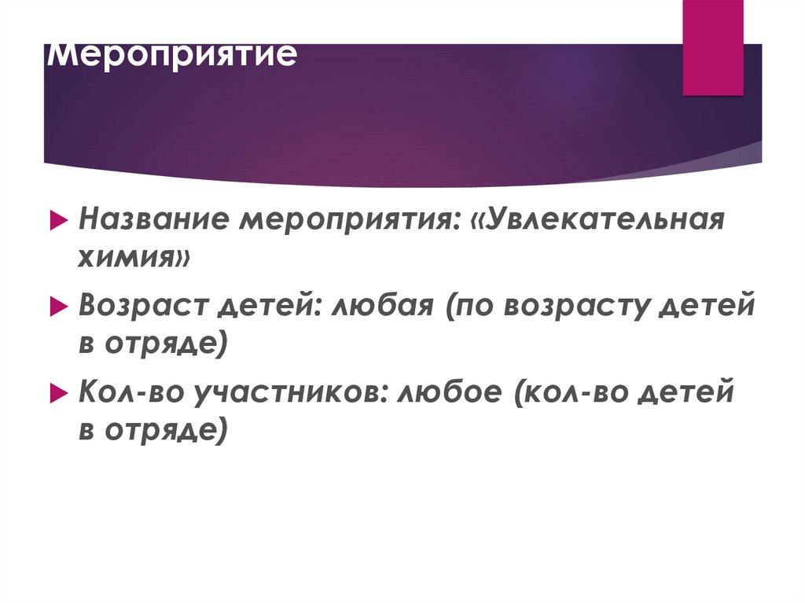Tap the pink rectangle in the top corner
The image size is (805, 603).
point(712,47)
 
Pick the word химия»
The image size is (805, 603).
point(134,256)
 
